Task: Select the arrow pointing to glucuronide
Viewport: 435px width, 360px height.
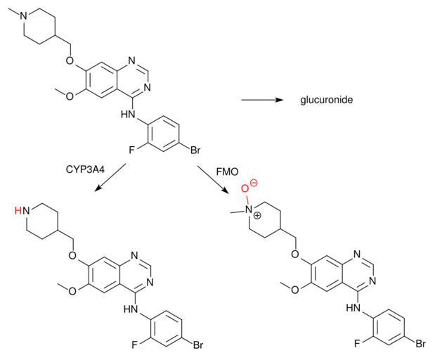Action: coord(262,100)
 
